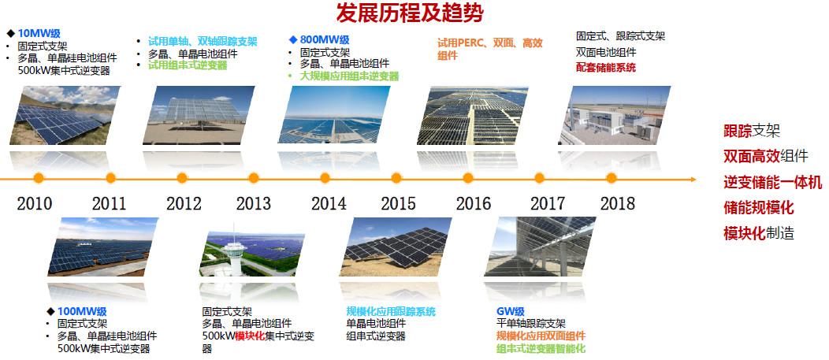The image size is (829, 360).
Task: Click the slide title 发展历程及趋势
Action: point(410,13)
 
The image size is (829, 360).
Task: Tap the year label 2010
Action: point(35,203)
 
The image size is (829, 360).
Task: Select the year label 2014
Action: point(329,203)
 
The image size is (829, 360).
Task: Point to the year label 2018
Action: point(618,203)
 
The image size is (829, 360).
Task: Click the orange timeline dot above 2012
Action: point(182,178)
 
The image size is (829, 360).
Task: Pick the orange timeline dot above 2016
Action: point(468,178)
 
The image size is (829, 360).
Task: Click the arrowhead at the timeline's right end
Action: point(693,180)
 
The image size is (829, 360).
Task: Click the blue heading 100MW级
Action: point(82,311)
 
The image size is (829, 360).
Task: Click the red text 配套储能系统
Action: point(606,68)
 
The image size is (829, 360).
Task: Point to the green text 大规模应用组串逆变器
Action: point(349,76)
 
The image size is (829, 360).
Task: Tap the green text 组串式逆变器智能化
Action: point(541,349)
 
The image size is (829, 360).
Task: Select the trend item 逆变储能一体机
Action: point(773,183)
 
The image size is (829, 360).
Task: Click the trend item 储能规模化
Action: point(759,208)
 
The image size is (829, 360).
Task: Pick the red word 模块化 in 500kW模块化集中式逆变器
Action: point(250,336)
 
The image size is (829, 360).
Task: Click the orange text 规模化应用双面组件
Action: point(541,336)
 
